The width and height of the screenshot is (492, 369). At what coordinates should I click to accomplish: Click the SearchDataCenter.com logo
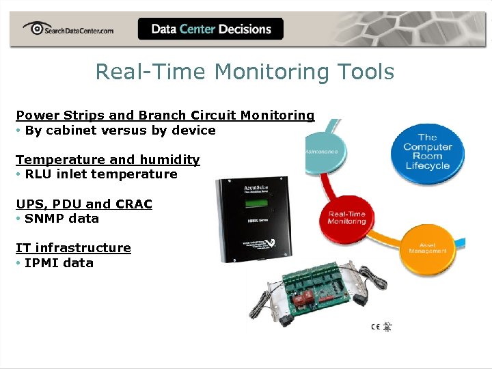click(x=68, y=29)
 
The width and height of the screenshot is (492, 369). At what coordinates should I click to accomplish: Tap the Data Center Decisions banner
click(x=210, y=29)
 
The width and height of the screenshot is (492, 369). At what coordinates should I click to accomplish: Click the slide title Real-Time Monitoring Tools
click(x=245, y=71)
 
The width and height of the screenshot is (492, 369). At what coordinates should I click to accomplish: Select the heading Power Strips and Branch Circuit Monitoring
click(x=165, y=115)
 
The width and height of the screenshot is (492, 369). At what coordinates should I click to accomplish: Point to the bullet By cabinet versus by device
click(x=120, y=130)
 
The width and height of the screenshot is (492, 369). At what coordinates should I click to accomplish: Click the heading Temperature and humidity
click(x=107, y=159)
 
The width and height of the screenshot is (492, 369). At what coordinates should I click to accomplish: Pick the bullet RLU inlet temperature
click(x=100, y=174)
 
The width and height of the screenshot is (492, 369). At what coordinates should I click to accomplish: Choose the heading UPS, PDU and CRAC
click(x=83, y=204)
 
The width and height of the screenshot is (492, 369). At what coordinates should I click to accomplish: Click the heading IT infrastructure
click(x=73, y=247)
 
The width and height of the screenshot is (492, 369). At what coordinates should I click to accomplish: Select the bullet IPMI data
click(x=59, y=262)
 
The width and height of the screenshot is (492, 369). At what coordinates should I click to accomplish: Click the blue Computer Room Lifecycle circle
click(x=427, y=152)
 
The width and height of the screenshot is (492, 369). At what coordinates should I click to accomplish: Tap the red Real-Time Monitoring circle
click(x=346, y=217)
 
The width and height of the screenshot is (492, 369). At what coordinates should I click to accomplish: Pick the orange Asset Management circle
click(x=428, y=247)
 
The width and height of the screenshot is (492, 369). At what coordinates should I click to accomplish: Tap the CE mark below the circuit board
click(x=375, y=326)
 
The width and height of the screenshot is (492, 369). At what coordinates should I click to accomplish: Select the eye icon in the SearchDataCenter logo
click(x=33, y=28)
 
